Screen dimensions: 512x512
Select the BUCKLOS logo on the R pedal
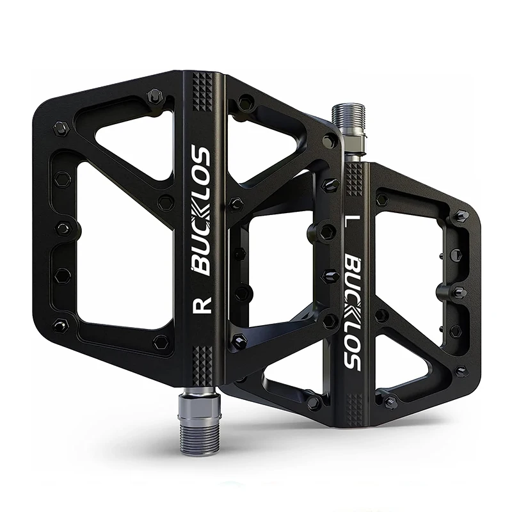click(x=201, y=211)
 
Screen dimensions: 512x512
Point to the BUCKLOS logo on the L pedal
click(x=353, y=312)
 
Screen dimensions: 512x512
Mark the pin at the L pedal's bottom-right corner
click(x=459, y=371)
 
